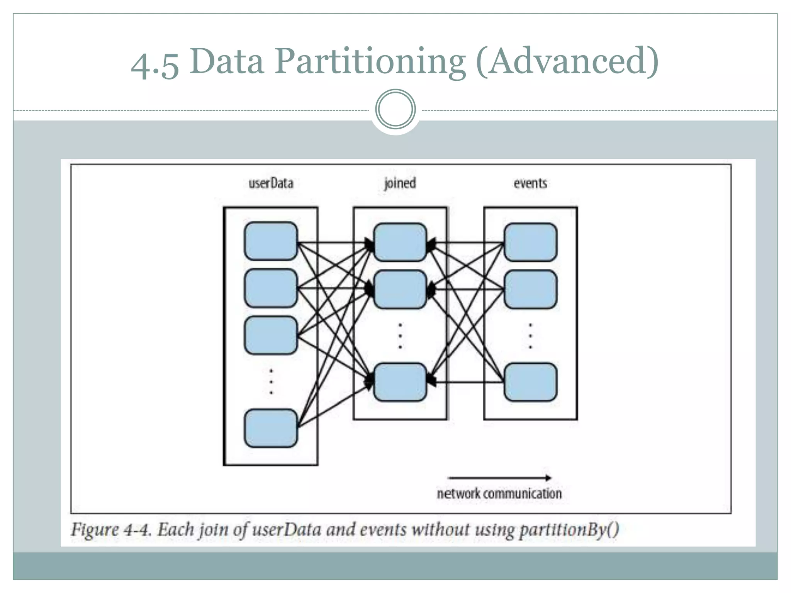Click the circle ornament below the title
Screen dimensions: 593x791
pos(395,109)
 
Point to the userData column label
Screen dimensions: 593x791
pos(271,183)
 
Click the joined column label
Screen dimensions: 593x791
pos(400,183)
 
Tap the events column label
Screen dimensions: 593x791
pos(530,183)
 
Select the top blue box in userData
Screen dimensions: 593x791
pos(271,241)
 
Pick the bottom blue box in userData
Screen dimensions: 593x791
pos(271,428)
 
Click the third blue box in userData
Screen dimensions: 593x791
pos(271,335)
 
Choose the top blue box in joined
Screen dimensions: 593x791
pos(400,242)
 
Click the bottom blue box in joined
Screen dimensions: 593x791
pos(400,382)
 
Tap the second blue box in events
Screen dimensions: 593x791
pos(530,289)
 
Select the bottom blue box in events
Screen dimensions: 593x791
pos(530,382)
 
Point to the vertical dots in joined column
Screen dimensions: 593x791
pos(400,336)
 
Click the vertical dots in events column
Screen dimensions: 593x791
pos(530,336)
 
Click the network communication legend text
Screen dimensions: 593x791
pos(499,493)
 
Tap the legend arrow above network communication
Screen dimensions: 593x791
pos(499,478)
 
